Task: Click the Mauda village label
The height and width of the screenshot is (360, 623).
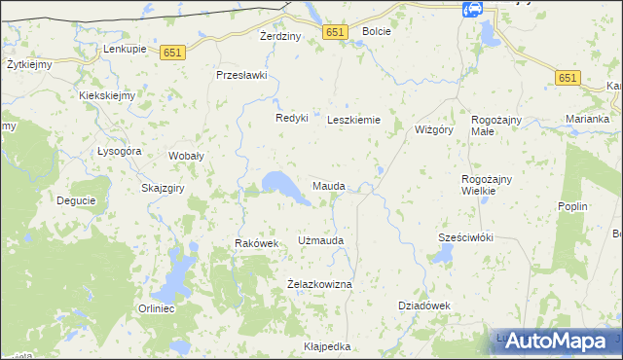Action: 328,185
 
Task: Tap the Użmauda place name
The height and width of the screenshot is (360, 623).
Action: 321,239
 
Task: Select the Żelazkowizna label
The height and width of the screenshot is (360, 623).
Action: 319,283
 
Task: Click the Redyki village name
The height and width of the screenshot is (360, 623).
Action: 291,118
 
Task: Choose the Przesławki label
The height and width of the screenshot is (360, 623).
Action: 241,75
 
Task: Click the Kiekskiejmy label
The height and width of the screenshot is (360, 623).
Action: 107,96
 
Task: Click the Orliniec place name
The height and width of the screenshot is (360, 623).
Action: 156,309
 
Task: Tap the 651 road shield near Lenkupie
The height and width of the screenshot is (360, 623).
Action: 174,54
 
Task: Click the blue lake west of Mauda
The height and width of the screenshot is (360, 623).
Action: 280,184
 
